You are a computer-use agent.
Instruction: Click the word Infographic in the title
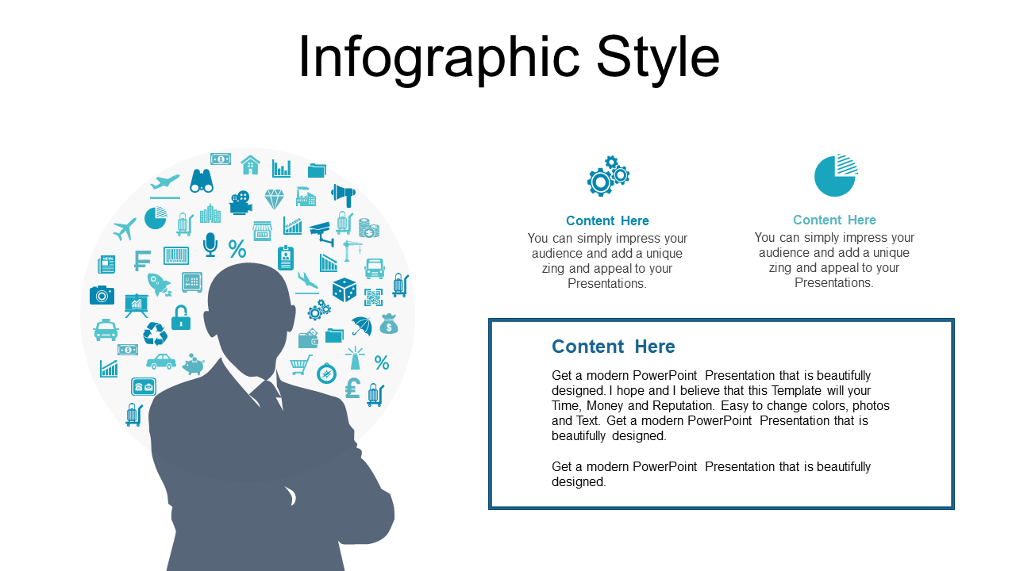click(x=439, y=59)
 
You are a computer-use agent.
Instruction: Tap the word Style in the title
click(x=658, y=59)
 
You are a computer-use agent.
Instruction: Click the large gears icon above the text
click(x=608, y=176)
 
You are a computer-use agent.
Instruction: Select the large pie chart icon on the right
click(x=836, y=175)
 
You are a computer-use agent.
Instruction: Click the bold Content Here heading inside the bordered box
click(x=614, y=347)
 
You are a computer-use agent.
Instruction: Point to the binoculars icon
click(x=202, y=181)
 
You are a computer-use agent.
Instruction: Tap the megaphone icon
click(x=344, y=195)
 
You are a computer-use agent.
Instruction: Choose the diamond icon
click(x=275, y=199)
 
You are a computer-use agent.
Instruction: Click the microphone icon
click(x=210, y=245)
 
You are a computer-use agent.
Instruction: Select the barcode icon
click(x=176, y=255)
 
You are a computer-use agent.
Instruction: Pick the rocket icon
click(x=160, y=285)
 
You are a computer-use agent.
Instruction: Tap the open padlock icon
click(x=180, y=317)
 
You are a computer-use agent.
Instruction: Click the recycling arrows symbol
click(x=155, y=334)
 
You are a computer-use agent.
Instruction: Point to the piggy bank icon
click(x=194, y=364)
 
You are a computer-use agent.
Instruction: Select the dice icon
click(x=344, y=289)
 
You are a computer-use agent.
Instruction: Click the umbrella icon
click(x=362, y=326)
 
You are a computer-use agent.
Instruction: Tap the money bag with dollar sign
click(x=389, y=324)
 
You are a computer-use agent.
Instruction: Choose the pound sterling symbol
click(x=352, y=388)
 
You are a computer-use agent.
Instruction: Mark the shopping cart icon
click(x=301, y=365)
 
